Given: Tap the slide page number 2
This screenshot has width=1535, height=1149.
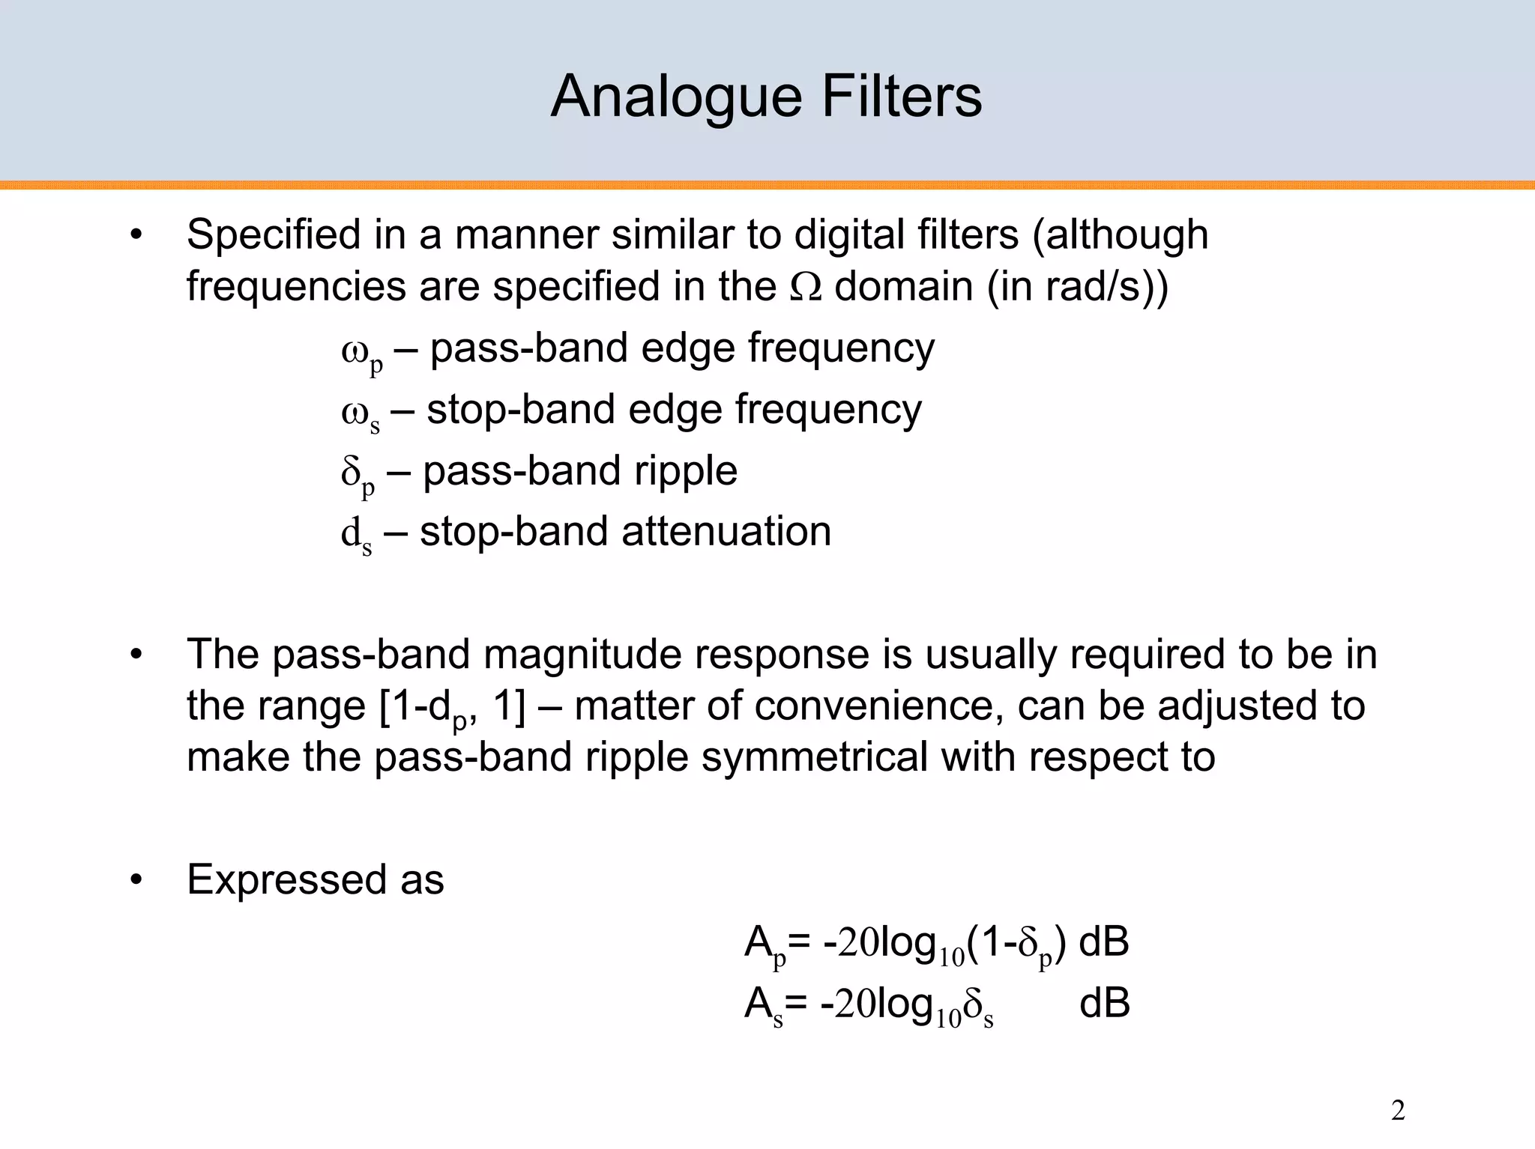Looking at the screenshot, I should tap(1397, 1111).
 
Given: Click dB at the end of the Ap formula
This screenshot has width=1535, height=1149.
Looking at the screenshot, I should tap(1103, 942).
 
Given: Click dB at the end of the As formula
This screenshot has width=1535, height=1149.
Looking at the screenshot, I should tap(1104, 1004).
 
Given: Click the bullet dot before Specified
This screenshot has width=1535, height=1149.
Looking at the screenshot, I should tap(136, 235).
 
